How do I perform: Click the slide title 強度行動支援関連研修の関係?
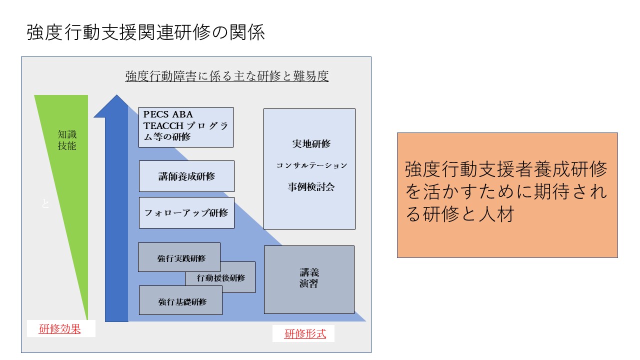[x=145, y=33]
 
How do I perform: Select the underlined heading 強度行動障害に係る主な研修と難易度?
[x=226, y=76]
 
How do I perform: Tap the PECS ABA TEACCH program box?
[x=185, y=127]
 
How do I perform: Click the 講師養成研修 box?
[x=186, y=176]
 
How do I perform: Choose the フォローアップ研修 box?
[x=186, y=212]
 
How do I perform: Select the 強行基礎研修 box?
[x=180, y=301]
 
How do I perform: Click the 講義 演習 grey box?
[x=309, y=278]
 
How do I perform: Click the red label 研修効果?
[x=60, y=329]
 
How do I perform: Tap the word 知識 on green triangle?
[x=67, y=134]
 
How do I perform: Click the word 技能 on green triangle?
[x=67, y=146]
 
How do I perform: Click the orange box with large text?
[x=507, y=194]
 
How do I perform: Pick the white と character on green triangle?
[x=45, y=204]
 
